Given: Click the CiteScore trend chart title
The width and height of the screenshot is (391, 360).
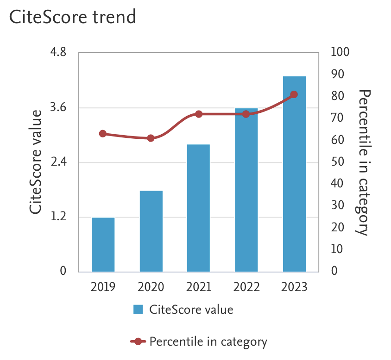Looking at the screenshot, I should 73,18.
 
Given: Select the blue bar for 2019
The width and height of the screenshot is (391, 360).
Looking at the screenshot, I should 103,244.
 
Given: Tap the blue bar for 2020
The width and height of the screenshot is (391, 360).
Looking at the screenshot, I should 151,231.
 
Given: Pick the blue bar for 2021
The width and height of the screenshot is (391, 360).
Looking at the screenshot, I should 198,208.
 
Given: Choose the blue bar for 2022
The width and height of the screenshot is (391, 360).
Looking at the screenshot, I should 246,190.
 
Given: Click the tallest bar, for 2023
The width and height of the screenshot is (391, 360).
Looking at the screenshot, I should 294,174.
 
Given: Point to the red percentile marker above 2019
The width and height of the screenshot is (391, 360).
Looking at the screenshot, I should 103,134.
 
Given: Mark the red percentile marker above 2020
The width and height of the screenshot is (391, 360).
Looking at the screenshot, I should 151,138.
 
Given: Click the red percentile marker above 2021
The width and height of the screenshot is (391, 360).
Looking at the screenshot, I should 199,114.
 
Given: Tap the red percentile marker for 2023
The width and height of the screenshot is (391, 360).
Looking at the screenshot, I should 294,95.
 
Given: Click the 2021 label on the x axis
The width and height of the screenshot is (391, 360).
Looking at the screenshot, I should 199,287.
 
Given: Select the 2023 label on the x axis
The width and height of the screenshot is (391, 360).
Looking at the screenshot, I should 294,287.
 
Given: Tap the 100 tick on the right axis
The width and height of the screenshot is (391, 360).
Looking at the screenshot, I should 341,52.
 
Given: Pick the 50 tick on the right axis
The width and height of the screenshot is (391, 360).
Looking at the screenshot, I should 337,162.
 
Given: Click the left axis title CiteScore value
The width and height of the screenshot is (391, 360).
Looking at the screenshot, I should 36,162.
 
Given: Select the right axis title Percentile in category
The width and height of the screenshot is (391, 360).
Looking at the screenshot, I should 365,162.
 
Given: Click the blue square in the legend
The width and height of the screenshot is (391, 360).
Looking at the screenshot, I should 138,310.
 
